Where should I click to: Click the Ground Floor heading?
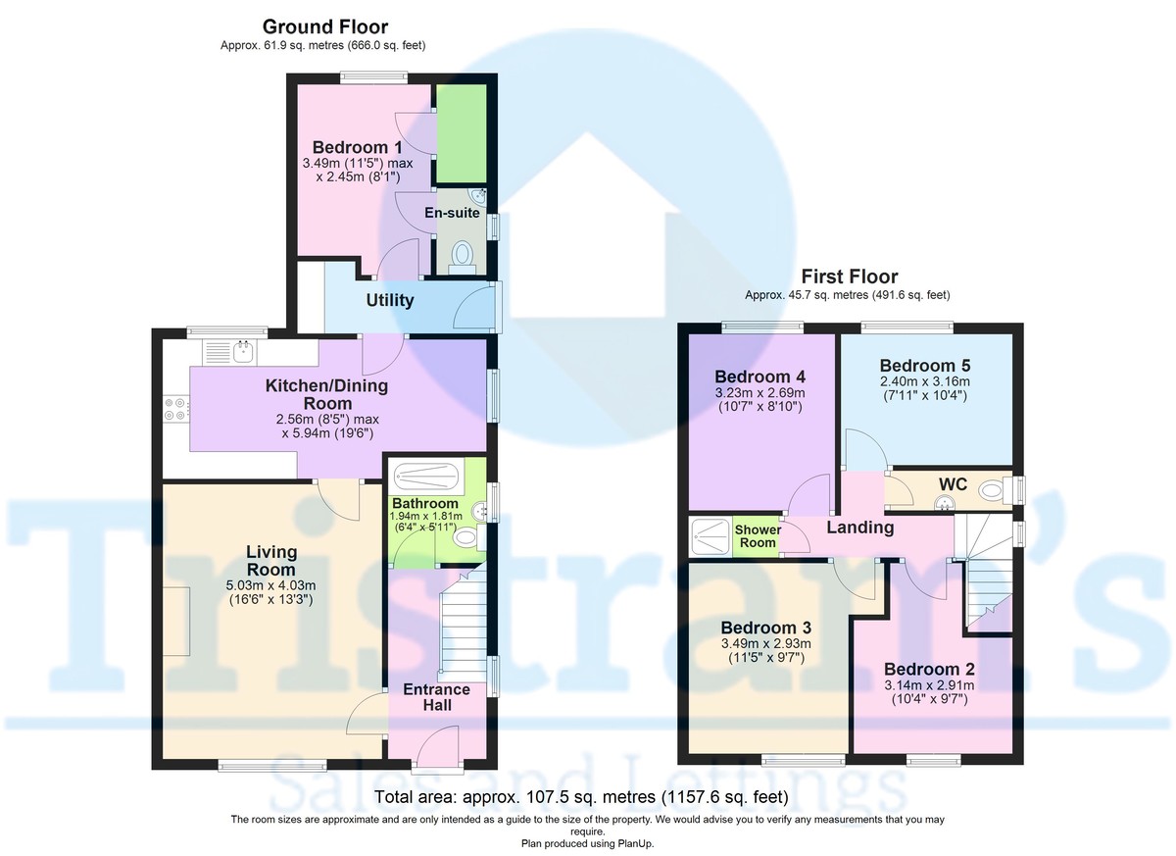coord(325,26)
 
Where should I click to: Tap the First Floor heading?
coord(849,277)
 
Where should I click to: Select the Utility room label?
coord(390,300)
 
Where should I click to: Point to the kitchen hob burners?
coord(175,409)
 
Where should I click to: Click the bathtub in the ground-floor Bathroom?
coord(426,477)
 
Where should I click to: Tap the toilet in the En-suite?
coord(462,258)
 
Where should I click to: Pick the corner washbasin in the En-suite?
coord(479,197)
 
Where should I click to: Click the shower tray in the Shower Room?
coord(710,537)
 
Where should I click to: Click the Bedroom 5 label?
coord(925,365)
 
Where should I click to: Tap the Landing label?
coord(860,528)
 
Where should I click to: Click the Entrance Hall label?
coord(436,697)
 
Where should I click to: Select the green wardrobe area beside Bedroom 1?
coord(462,133)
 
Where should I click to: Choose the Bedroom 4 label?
coord(759,377)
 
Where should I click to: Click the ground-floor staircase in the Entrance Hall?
coord(463,624)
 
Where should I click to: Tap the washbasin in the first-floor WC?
coord(945,504)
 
